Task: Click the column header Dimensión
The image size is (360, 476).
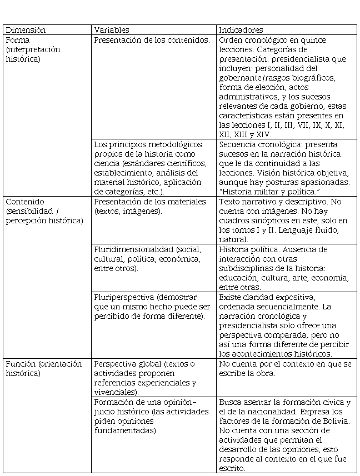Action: (x=26, y=30)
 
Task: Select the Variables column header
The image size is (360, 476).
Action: (x=111, y=30)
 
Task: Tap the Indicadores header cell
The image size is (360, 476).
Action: (x=241, y=30)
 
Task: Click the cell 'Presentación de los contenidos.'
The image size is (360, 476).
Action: (x=152, y=41)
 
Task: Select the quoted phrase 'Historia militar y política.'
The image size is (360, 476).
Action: (x=269, y=192)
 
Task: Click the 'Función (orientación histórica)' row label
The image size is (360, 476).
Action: (x=43, y=369)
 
